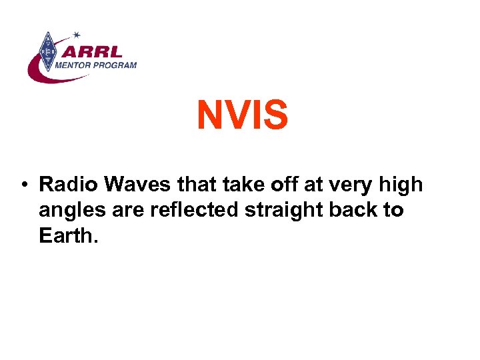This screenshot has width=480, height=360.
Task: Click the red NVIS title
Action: coord(242,115)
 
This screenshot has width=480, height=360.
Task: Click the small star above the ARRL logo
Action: coord(77,34)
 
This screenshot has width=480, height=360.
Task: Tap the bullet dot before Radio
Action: coord(23,185)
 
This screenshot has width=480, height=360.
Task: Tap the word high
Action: coord(403,185)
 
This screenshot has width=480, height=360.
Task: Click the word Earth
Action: coord(65,236)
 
